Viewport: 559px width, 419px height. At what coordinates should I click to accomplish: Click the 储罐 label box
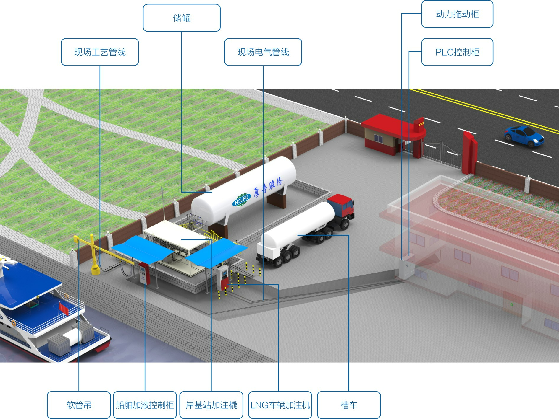pos(182,18)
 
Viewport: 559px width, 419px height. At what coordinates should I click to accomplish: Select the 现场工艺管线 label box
pos(100,52)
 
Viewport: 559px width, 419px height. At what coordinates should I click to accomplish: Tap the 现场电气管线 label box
pos(263,52)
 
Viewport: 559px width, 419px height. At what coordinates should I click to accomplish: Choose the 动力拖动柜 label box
pos(457,14)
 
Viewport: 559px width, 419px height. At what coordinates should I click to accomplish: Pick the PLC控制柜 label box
pos(457,52)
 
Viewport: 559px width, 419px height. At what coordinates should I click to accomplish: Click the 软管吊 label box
pos(79,405)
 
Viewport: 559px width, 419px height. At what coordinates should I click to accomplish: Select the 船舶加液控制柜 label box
pos(145,405)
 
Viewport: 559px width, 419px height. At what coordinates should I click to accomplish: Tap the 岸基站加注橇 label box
pos(211,405)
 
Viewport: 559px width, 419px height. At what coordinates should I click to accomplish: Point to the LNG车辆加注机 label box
pos(280,405)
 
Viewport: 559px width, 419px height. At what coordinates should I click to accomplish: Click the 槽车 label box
pos(349,405)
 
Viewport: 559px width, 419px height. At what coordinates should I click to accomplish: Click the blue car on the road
pos(524,136)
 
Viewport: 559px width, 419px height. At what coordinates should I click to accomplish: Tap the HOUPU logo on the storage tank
pos(241,200)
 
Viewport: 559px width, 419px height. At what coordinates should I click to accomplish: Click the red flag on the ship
pos(64,309)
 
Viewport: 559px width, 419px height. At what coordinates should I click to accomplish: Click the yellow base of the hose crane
pos(95,270)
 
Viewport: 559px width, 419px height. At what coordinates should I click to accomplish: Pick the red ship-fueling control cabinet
pos(143,273)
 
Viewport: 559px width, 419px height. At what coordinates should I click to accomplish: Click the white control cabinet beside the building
pos(407,268)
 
